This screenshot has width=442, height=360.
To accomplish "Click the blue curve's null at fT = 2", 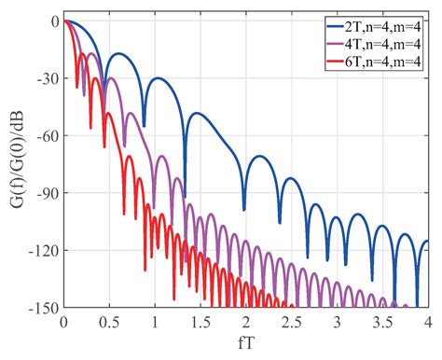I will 244,208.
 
